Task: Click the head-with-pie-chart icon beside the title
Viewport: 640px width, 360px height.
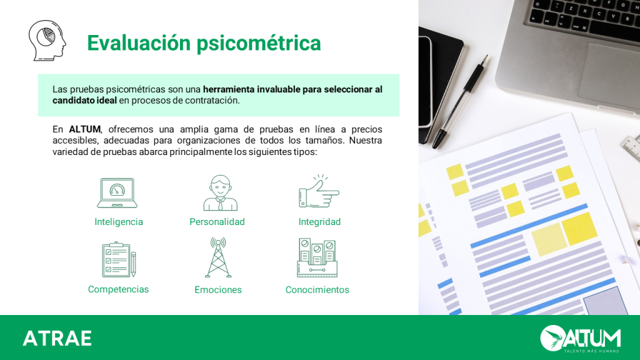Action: pos(47,41)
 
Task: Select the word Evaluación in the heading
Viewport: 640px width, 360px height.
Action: pos(139,43)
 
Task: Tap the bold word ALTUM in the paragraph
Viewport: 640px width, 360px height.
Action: pos(84,129)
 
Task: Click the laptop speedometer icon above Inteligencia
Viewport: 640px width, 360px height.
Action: pos(117,192)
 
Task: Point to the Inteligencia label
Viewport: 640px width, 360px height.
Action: pos(119,222)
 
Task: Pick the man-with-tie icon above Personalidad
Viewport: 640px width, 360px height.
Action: pos(221,192)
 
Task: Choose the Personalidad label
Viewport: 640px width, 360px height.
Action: pos(217,222)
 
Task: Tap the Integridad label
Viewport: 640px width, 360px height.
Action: pos(319,222)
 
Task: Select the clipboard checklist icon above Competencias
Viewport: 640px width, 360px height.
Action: pos(119,259)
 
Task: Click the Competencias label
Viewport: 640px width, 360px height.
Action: pos(118,289)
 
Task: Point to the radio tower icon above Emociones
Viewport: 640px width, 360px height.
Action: pos(218,257)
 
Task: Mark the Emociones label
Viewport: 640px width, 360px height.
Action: pos(218,290)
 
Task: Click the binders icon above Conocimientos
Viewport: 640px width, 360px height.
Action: pos(317,258)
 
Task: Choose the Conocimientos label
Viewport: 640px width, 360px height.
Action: pos(317,290)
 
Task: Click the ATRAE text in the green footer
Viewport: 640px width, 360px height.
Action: pos(57,338)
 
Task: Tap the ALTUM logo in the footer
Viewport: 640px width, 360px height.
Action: pos(581,338)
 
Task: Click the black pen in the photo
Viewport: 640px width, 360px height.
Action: pos(460,102)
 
